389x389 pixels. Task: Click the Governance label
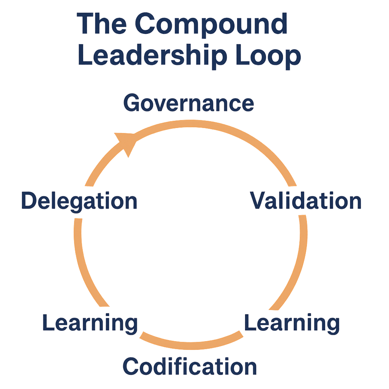188,103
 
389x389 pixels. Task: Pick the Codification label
190,367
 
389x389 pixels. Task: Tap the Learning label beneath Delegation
90,323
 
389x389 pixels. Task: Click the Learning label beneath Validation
291,323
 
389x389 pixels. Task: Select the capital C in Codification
131,367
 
